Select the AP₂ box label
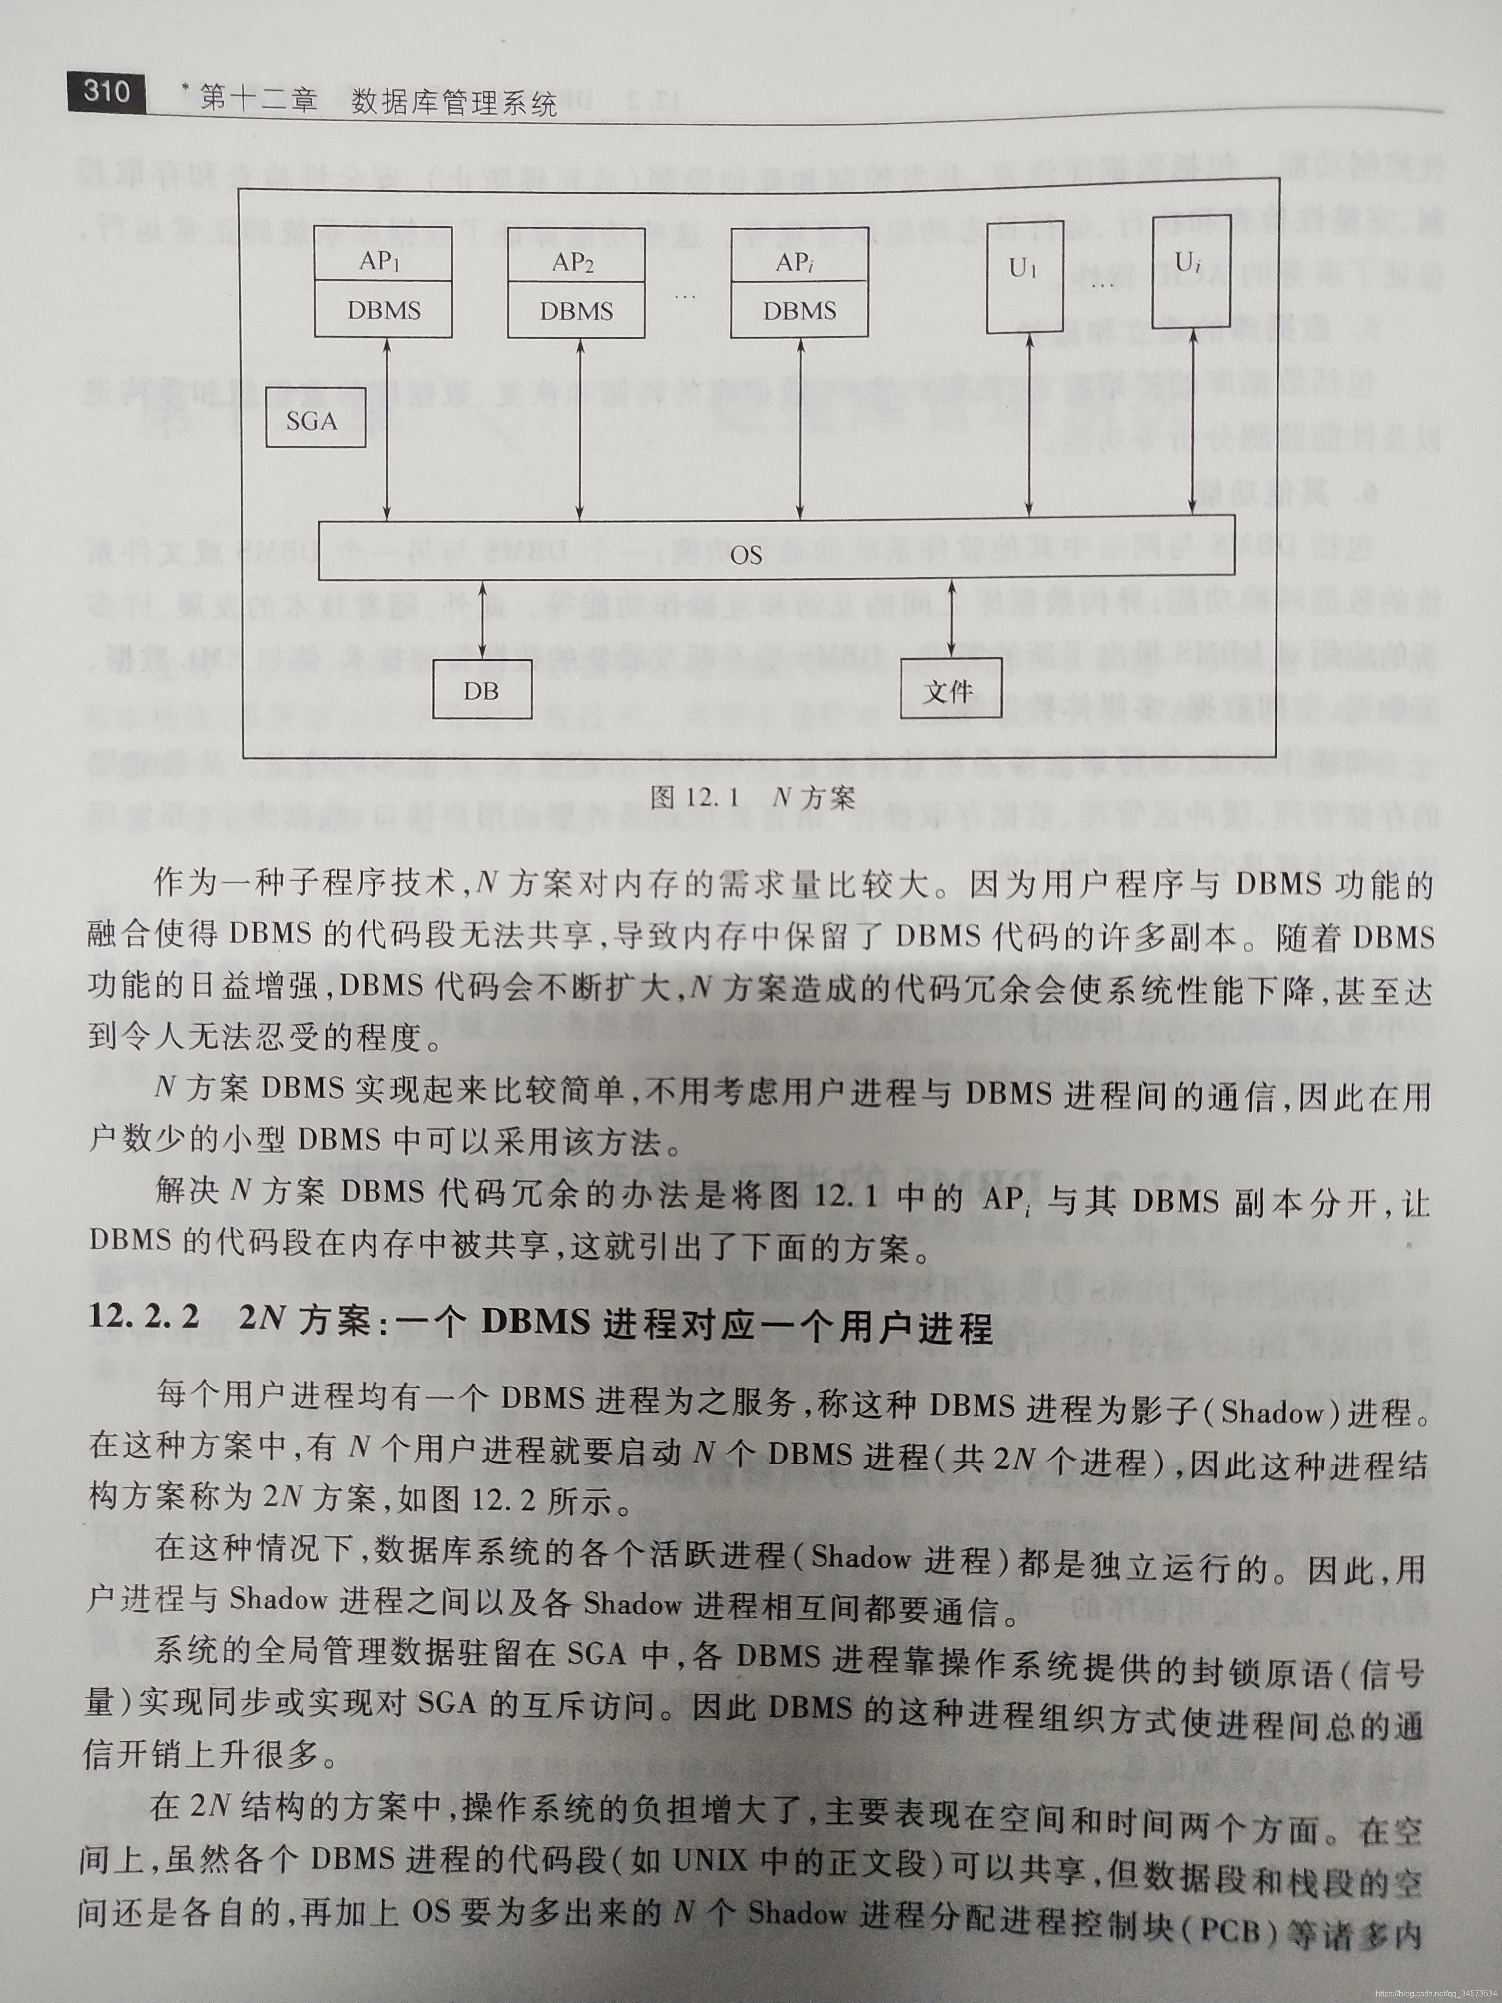pyautogui.click(x=575, y=263)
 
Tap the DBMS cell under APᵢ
pyautogui.click(x=800, y=310)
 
